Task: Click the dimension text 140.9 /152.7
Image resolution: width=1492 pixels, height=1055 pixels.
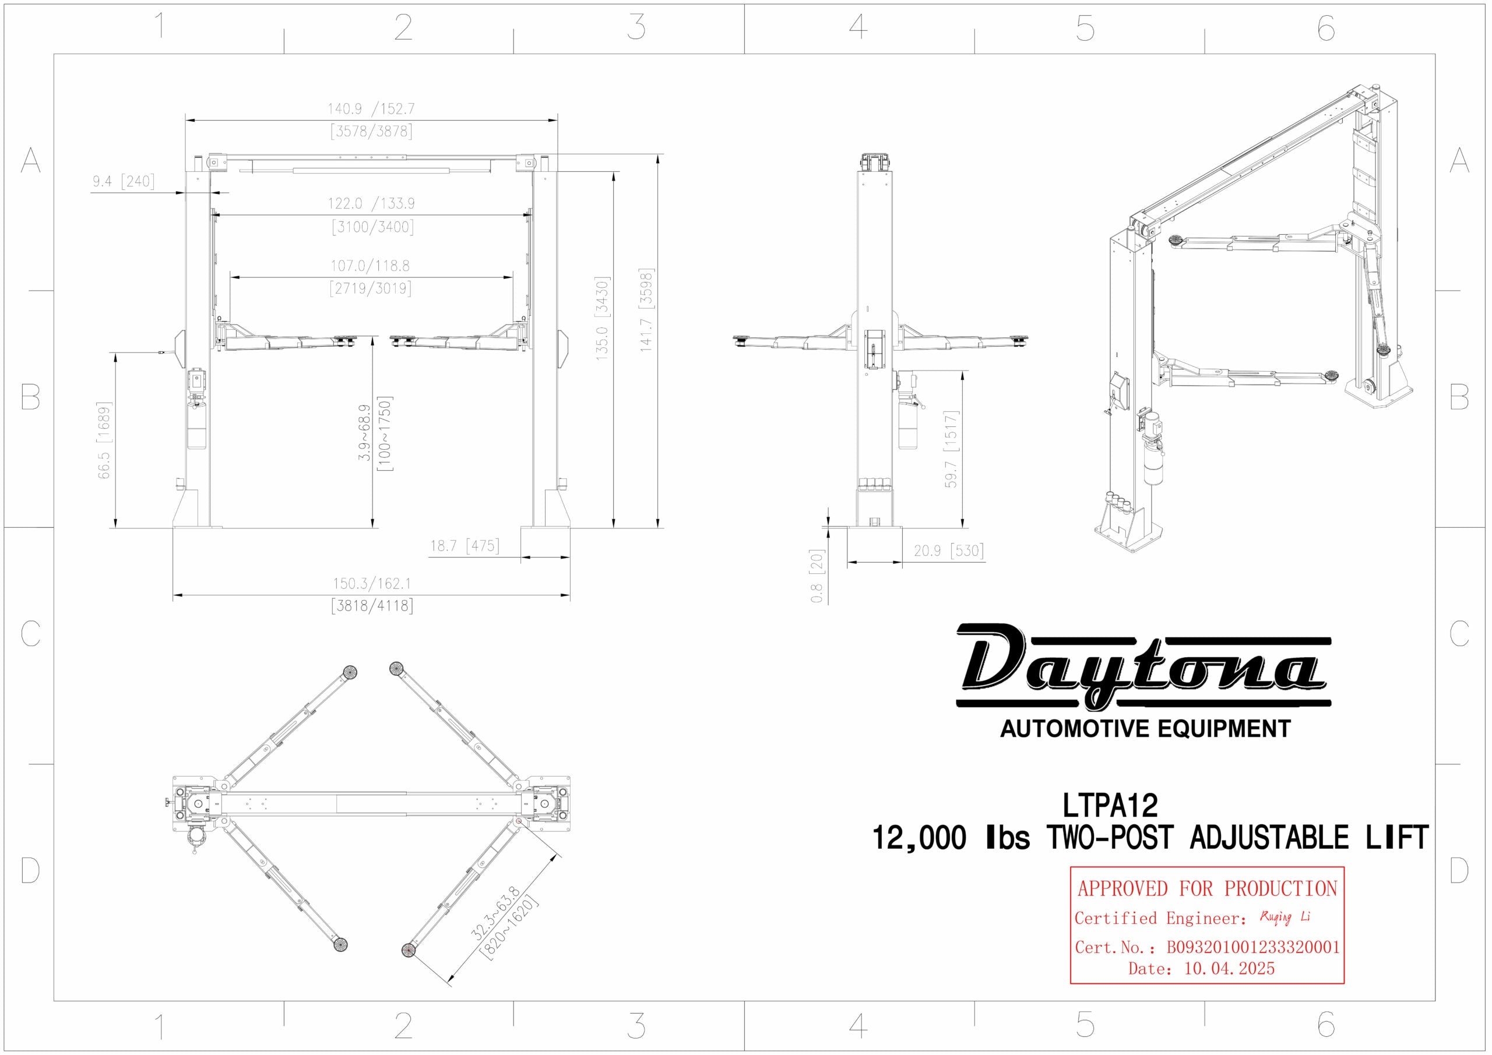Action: click(371, 108)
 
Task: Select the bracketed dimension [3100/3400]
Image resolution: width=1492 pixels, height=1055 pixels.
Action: click(372, 227)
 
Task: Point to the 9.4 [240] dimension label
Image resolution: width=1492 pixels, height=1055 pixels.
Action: click(124, 181)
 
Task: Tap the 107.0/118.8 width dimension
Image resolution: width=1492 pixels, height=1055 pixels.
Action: click(371, 266)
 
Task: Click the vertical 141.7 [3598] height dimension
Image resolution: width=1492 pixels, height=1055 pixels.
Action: click(645, 310)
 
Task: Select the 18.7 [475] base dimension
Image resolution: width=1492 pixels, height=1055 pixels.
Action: click(465, 546)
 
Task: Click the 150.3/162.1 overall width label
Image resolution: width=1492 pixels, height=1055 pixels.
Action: click(372, 583)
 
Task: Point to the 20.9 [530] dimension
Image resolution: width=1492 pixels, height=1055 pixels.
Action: click(948, 551)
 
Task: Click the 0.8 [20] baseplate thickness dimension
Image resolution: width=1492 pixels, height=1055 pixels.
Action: click(818, 576)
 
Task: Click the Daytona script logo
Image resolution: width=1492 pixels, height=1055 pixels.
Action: click(1142, 666)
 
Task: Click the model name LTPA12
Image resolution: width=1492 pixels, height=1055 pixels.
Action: click(1110, 806)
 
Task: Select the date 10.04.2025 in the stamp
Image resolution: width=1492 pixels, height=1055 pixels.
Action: click(1229, 969)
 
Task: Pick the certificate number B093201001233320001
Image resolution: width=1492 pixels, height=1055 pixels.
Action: click(1253, 947)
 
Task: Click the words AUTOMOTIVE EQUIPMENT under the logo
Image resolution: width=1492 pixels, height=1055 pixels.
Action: click(1145, 729)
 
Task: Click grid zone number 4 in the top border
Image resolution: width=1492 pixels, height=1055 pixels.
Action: click(858, 27)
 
